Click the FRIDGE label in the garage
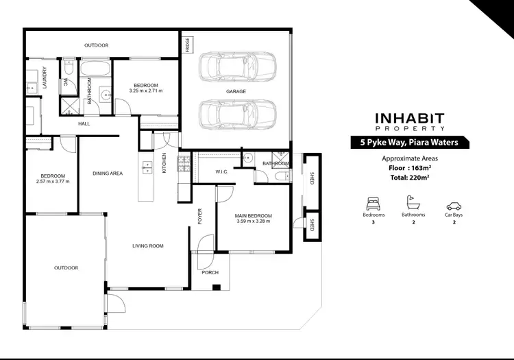187,45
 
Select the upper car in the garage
237,68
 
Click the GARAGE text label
236,91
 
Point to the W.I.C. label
221,172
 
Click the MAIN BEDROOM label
254,215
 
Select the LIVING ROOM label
147,245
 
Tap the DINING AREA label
108,173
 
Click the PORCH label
210,272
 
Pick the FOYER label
200,217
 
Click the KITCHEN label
164,167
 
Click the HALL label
84,123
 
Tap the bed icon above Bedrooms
374,204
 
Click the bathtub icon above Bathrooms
413,204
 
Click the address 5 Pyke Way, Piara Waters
410,143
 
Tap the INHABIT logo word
410,118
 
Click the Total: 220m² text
410,178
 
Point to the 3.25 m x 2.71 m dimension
146,91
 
